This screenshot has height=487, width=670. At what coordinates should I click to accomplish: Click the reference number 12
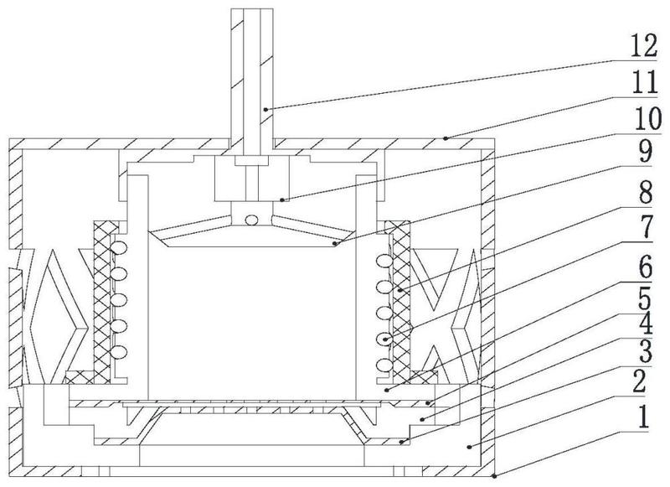[x=644, y=46]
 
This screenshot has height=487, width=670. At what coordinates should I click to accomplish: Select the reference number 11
[x=644, y=82]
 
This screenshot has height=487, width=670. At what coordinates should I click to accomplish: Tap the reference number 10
[x=647, y=118]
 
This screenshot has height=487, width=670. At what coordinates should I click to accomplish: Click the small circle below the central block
[x=252, y=220]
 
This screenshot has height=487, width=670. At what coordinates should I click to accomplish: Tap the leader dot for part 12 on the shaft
[x=265, y=110]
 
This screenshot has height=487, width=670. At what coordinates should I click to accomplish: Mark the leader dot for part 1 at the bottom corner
[x=494, y=476]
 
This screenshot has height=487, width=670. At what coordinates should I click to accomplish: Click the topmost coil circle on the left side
[x=119, y=247]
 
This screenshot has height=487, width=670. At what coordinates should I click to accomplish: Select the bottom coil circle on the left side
[x=119, y=352]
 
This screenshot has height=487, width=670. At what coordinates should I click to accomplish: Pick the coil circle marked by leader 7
[x=385, y=339]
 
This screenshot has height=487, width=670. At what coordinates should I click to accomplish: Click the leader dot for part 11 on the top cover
[x=446, y=138]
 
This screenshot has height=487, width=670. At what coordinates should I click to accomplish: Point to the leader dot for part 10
[x=281, y=199]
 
